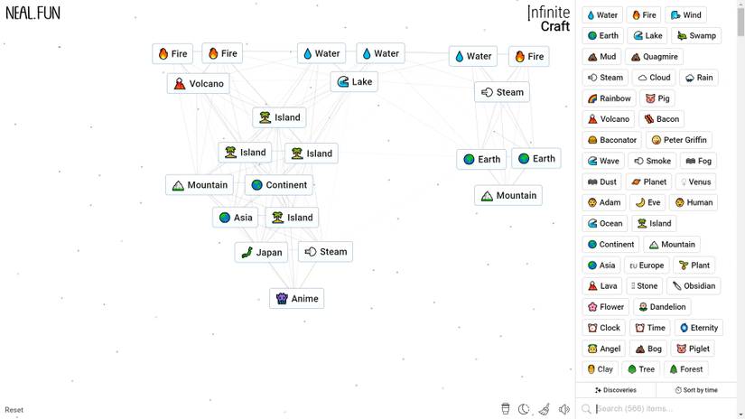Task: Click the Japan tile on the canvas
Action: pos(262,252)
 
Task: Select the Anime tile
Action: pos(297,298)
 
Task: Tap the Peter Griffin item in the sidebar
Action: pos(679,140)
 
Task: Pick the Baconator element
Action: pos(612,140)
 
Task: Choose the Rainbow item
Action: pos(610,98)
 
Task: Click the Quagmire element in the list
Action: pos(655,57)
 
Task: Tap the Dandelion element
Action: pos(662,306)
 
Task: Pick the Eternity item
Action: pos(698,327)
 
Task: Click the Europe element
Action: pos(647,265)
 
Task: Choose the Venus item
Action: pos(695,182)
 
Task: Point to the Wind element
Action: pos(685,14)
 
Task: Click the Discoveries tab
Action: pos(616,390)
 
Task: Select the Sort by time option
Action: pos(696,390)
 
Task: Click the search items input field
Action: pos(660,408)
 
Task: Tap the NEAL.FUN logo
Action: pos(33,13)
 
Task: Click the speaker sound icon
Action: pos(564,409)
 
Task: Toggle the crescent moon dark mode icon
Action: pos(524,409)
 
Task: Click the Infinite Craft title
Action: pos(548,19)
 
